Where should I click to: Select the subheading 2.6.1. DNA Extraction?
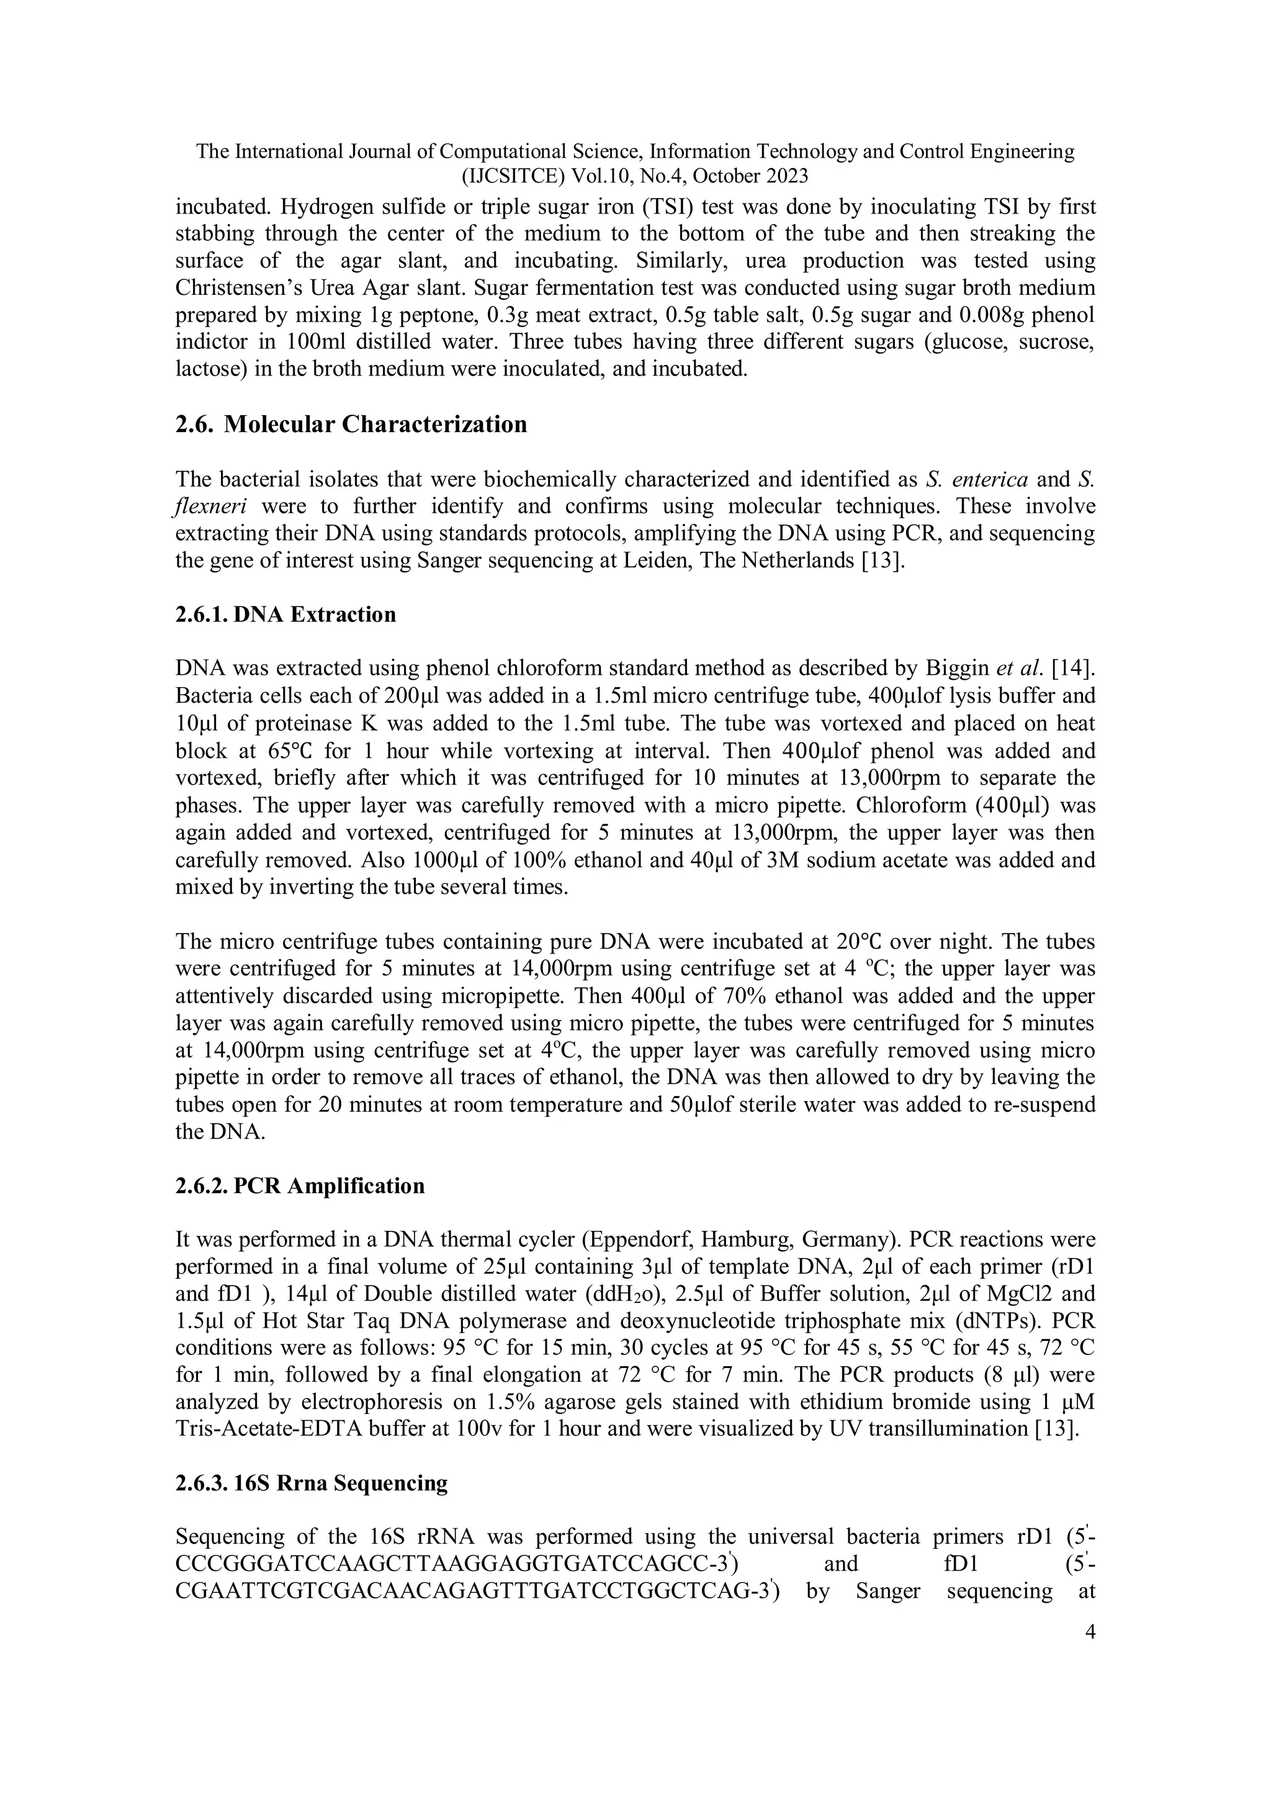(285, 615)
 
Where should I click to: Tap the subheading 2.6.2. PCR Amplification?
(300, 1186)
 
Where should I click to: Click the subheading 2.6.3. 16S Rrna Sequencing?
(312, 1483)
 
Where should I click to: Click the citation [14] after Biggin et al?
(1074, 669)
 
